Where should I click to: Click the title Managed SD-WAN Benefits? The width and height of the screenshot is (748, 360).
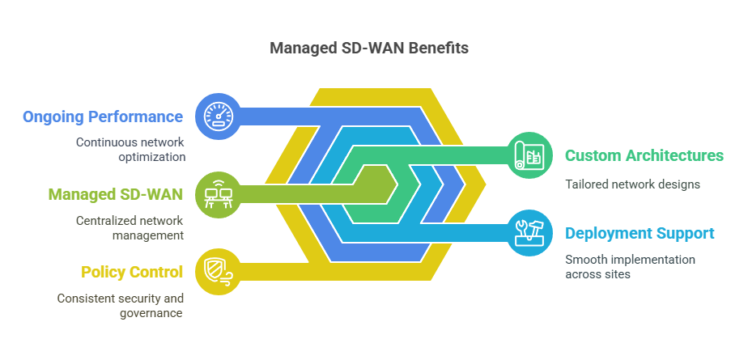[369, 49]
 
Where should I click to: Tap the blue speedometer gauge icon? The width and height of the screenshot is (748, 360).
[219, 116]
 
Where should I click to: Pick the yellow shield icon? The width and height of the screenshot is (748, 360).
[219, 271]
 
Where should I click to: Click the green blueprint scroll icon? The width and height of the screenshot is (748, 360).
[529, 155]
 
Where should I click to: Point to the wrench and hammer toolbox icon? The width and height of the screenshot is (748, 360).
[529, 233]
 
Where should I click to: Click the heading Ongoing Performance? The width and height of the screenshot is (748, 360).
[103, 116]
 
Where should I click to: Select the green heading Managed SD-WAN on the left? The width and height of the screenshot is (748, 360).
[116, 194]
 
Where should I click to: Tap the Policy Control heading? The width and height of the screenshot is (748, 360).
[132, 272]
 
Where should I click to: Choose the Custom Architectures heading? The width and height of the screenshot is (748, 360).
[644, 156]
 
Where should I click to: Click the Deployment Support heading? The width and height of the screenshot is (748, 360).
[640, 234]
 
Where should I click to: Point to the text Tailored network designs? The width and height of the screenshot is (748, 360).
[632, 184]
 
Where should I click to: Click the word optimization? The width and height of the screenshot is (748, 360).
[151, 158]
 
